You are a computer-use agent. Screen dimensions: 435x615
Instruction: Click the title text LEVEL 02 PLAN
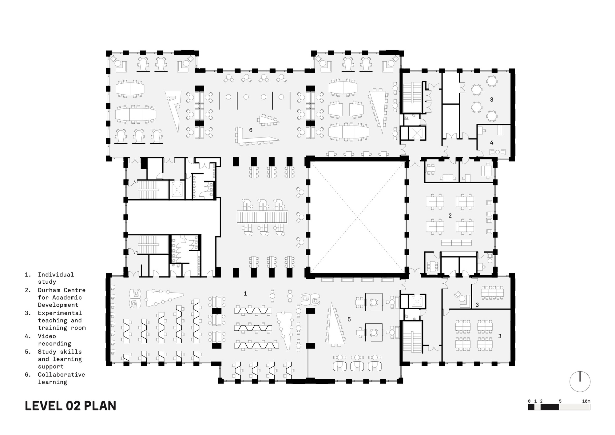coord(70,406)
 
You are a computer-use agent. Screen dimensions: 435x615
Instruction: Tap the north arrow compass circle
coord(580,381)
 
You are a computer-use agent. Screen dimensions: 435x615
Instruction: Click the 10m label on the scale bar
coord(586,401)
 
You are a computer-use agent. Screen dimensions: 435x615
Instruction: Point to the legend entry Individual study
coord(55,278)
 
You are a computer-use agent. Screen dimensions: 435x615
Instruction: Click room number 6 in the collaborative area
coord(251,130)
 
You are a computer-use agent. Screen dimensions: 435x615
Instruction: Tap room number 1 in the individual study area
coord(245,294)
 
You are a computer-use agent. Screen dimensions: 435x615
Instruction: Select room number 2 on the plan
coord(450,216)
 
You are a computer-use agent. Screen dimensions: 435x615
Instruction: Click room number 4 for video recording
coord(491,143)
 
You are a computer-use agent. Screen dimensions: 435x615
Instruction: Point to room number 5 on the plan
coord(349,320)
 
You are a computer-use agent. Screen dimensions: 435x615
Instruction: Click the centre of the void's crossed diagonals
coord(358,217)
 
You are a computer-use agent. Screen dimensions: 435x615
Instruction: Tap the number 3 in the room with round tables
coord(491,100)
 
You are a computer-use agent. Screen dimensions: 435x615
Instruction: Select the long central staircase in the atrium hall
coord(262,217)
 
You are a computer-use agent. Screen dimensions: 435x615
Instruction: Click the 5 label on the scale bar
coord(560,401)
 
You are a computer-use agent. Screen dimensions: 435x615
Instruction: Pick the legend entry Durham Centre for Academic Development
coord(61,297)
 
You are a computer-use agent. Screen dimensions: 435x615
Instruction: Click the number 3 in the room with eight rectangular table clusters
coord(500,337)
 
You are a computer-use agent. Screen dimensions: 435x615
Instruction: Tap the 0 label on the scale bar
coord(529,401)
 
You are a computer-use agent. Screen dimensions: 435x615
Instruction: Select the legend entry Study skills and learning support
coord(60,359)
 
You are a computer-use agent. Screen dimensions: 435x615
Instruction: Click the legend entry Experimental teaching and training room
coord(61,321)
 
